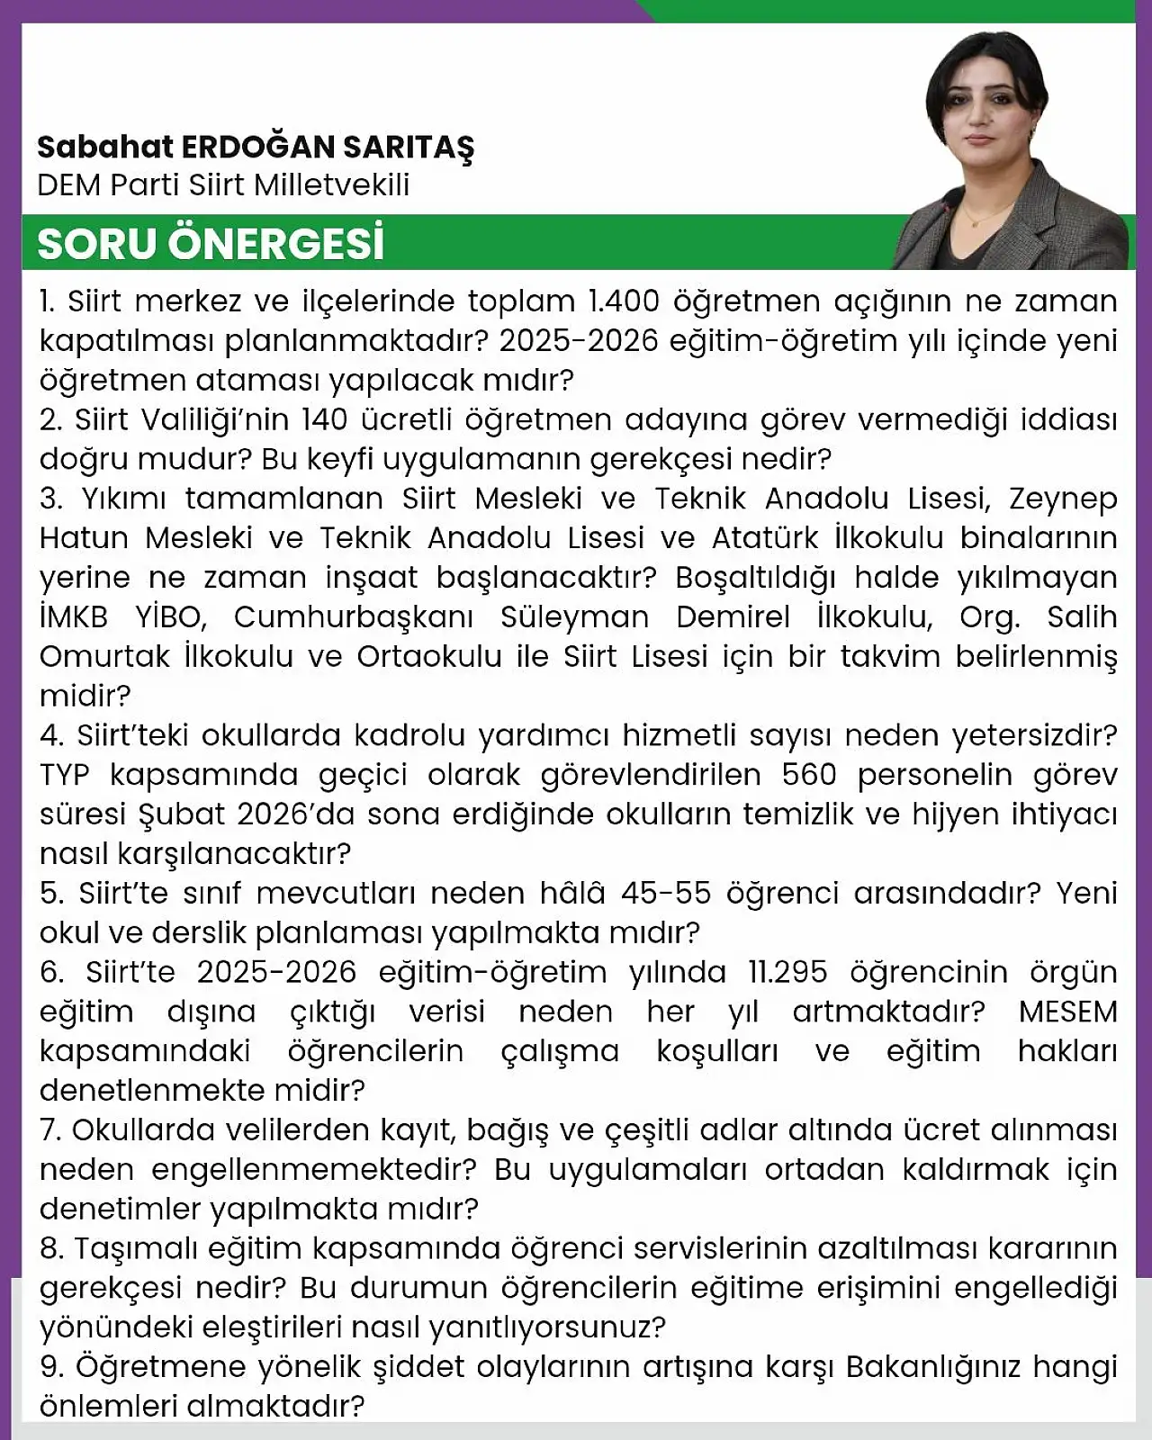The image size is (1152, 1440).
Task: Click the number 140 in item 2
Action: point(324,419)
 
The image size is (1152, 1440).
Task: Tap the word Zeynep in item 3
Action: point(1063,499)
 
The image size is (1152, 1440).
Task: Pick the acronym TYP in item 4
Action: point(66,775)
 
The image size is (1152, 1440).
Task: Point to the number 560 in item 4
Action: point(809,775)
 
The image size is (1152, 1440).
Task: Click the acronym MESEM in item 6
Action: point(1067,1012)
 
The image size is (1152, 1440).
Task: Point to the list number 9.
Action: point(50,1367)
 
